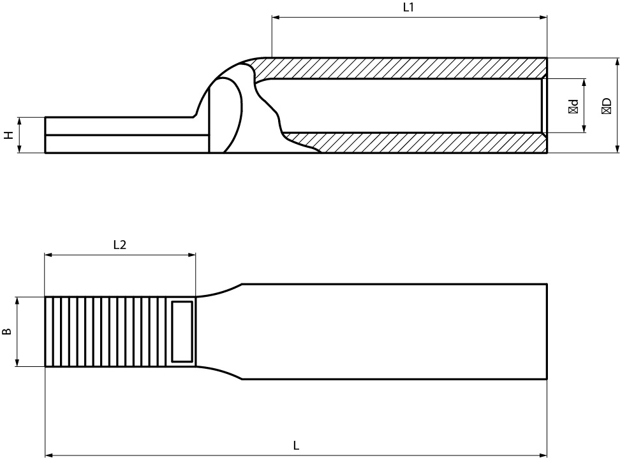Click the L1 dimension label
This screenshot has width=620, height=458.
coord(408,8)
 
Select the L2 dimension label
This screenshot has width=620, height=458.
coord(119,245)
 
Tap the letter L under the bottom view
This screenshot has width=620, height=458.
coord(296,446)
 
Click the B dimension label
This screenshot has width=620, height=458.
coord(7,331)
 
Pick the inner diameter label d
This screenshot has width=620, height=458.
coord(573,106)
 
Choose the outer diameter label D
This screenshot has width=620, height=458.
coord(606,106)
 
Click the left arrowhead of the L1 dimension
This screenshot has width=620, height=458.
coord(276,17)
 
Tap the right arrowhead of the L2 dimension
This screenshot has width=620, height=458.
coord(192,255)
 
